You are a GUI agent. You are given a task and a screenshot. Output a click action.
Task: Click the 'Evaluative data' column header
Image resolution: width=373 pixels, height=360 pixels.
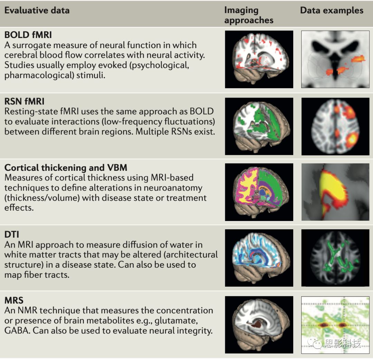37,10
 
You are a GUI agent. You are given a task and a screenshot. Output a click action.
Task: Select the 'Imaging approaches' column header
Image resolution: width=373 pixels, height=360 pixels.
249,15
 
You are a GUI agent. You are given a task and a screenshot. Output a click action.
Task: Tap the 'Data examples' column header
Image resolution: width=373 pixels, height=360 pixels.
332,10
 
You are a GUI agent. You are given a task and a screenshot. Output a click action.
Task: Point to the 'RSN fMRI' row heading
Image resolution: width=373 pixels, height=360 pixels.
24,102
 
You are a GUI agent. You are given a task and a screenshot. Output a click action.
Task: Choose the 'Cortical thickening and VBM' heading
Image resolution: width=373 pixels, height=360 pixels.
66,168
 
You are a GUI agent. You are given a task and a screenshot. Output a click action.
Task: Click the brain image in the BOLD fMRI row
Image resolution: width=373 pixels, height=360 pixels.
259,59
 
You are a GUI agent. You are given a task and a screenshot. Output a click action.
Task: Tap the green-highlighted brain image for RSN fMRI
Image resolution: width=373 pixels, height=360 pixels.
259,126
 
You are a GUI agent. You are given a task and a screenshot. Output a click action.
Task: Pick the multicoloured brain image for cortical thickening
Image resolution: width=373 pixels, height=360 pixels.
259,192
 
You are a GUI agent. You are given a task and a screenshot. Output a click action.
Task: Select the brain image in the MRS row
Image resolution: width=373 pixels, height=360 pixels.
259,324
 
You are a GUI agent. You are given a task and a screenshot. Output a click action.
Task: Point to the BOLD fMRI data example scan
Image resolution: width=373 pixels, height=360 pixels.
335,59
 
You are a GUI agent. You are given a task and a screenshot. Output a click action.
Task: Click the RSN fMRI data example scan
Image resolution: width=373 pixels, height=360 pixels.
335,126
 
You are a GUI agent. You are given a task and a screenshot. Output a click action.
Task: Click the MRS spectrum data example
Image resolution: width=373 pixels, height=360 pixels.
335,324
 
